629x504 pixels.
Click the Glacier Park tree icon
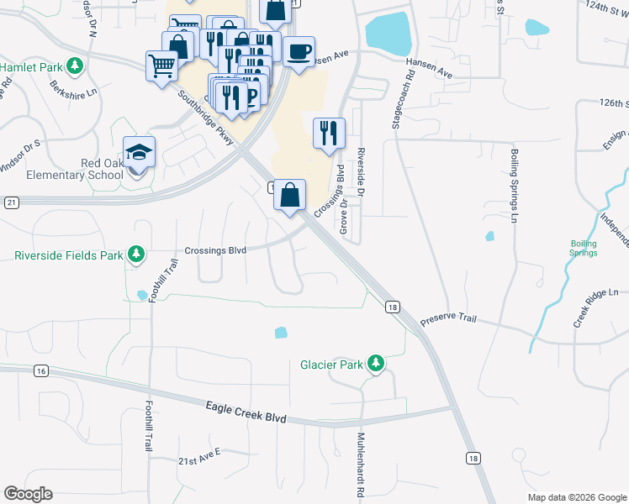tap(378, 364)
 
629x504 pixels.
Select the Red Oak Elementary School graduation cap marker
tap(140, 153)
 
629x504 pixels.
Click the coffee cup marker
tap(299, 51)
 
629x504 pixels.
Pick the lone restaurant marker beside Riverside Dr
tap(329, 133)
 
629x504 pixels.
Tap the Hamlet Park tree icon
tap(75, 66)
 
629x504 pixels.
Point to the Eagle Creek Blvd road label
tap(246, 412)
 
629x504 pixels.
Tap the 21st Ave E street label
tap(198, 456)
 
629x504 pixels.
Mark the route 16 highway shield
tap(40, 370)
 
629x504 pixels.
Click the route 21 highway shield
tap(10, 202)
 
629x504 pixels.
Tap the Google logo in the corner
tap(29, 494)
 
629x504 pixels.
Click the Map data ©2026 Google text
tap(576, 497)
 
